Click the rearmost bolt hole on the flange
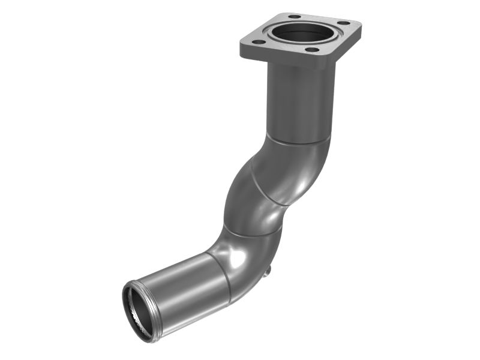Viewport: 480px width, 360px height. [294, 16]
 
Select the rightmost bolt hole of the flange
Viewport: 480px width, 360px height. [344, 23]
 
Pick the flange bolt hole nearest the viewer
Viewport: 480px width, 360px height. [312, 50]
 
